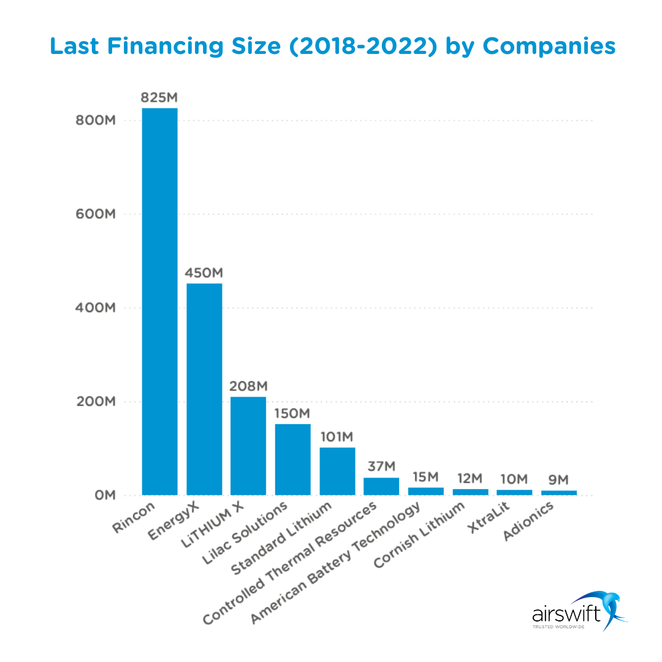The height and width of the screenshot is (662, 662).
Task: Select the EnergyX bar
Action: tap(204, 389)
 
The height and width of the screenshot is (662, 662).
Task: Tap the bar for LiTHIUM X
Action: tap(248, 446)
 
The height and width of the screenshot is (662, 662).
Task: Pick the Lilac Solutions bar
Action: tap(292, 459)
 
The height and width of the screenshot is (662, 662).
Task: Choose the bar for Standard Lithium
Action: tap(337, 471)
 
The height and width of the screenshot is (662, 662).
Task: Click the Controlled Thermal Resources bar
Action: tap(381, 486)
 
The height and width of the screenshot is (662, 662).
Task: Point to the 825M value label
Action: tap(159, 97)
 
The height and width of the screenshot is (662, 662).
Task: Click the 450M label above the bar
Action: tap(204, 272)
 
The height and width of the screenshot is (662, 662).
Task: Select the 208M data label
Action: tap(248, 386)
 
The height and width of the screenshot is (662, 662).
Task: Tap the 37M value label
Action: tap(381, 466)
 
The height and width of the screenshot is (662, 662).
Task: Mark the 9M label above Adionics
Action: tap(558, 479)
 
